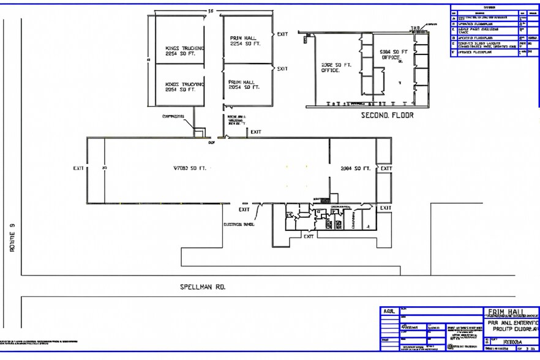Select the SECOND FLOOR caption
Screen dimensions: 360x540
(x=387, y=114)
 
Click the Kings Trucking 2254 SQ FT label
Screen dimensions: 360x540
(x=185, y=51)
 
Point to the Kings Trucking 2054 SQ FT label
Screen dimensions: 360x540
(x=185, y=86)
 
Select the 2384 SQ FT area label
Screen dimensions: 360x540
(x=355, y=168)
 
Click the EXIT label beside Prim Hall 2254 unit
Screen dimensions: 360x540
(x=282, y=34)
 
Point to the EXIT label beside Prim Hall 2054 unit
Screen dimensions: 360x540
(x=282, y=69)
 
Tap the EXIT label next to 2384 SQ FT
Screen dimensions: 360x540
(x=386, y=168)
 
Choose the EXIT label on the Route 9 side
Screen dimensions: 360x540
(x=78, y=168)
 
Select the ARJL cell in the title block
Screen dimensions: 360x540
(x=389, y=311)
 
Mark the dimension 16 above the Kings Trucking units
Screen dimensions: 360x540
(x=211, y=11)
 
